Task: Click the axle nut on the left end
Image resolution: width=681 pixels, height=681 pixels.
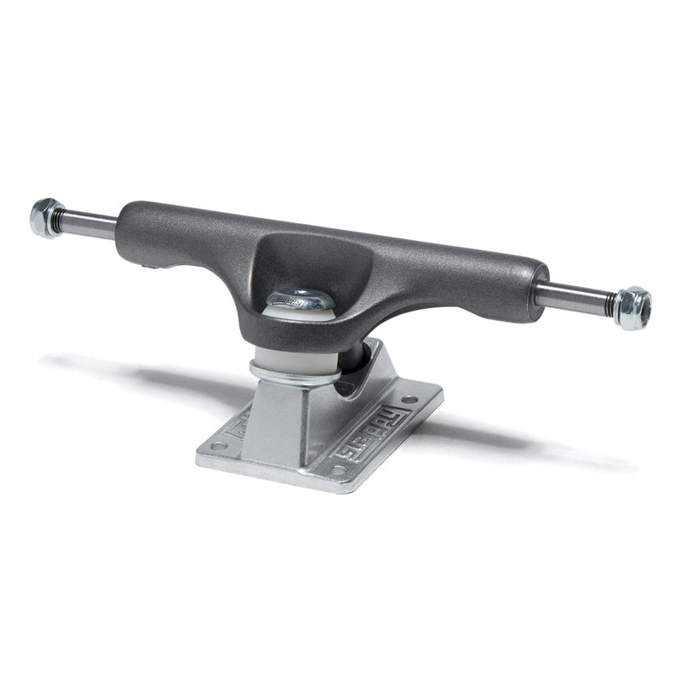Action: click(45, 217)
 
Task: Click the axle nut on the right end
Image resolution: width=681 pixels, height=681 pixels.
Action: click(632, 307)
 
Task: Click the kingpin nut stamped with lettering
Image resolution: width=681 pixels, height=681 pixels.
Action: click(300, 300)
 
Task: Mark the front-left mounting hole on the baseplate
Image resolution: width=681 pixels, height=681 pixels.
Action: click(215, 445)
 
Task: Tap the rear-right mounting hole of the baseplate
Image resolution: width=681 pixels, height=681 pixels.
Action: click(409, 398)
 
